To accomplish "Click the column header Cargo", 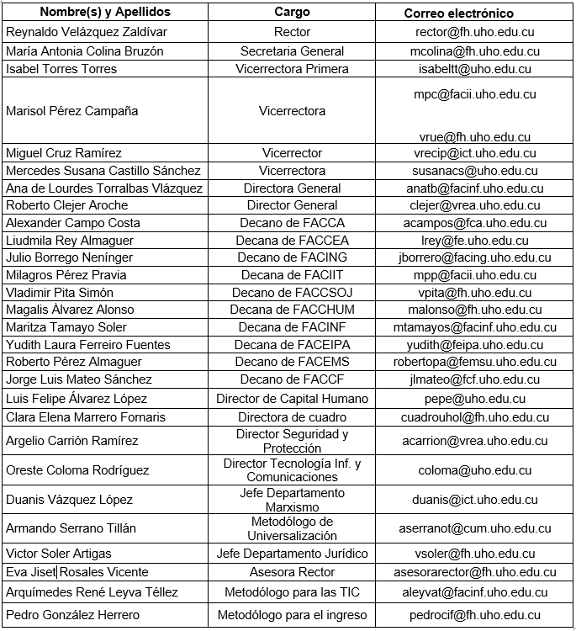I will (x=292, y=13).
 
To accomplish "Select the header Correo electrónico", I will (x=458, y=13).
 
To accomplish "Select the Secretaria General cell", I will (x=292, y=50).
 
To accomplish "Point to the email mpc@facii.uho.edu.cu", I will (x=475, y=94).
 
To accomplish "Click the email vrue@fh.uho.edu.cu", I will (x=475, y=136).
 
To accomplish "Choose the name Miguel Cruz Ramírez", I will (x=64, y=153).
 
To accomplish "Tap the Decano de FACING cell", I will (x=292, y=257).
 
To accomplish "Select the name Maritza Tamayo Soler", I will (x=66, y=327).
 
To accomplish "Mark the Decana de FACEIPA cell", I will (x=292, y=345).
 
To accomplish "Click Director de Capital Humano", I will (x=292, y=399).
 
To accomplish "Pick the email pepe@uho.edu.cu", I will (x=475, y=399).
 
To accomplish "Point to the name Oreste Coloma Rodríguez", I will (x=77, y=470).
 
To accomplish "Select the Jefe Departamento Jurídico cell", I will (x=292, y=554).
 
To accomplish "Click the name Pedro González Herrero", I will (x=73, y=615).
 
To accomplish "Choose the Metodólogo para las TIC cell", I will (x=292, y=592).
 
